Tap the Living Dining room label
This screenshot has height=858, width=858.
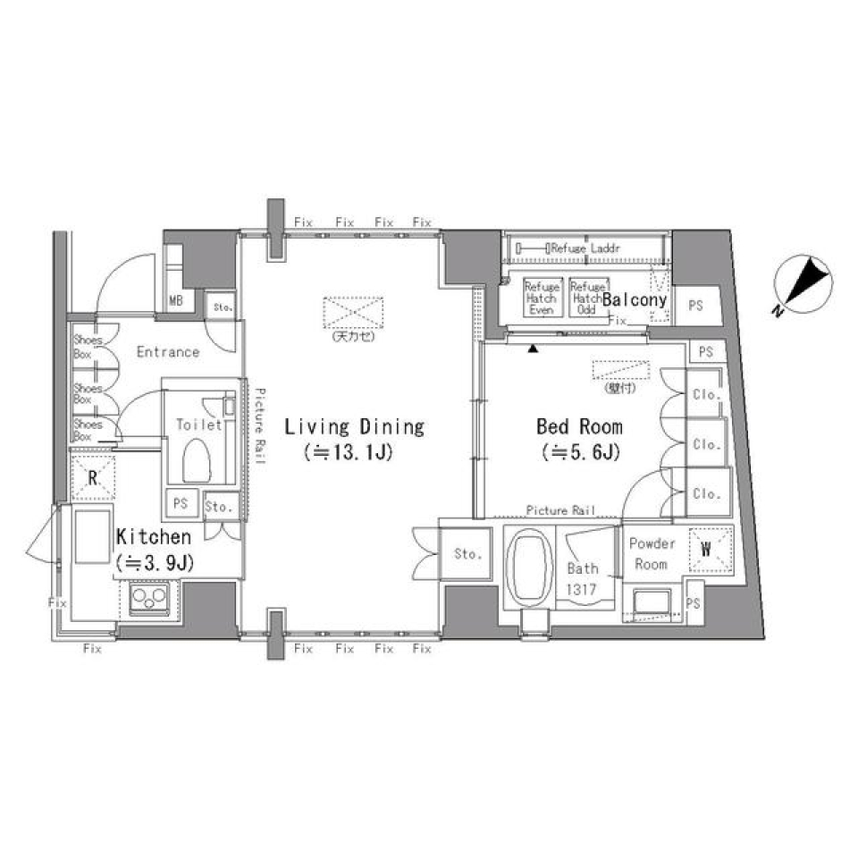[354, 426]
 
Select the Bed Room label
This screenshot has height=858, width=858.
[579, 426]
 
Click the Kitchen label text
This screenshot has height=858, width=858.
[154, 537]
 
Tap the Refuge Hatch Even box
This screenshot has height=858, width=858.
[542, 299]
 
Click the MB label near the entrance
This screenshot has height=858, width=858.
[176, 301]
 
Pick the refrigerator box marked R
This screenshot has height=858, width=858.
[93, 477]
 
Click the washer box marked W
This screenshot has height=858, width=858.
[708, 550]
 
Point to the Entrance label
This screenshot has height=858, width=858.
[168, 352]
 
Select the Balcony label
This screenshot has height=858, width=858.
[635, 300]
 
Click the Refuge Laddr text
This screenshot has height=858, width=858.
[585, 248]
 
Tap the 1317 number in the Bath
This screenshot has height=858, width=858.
[583, 589]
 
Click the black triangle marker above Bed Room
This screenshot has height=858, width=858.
[534, 348]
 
